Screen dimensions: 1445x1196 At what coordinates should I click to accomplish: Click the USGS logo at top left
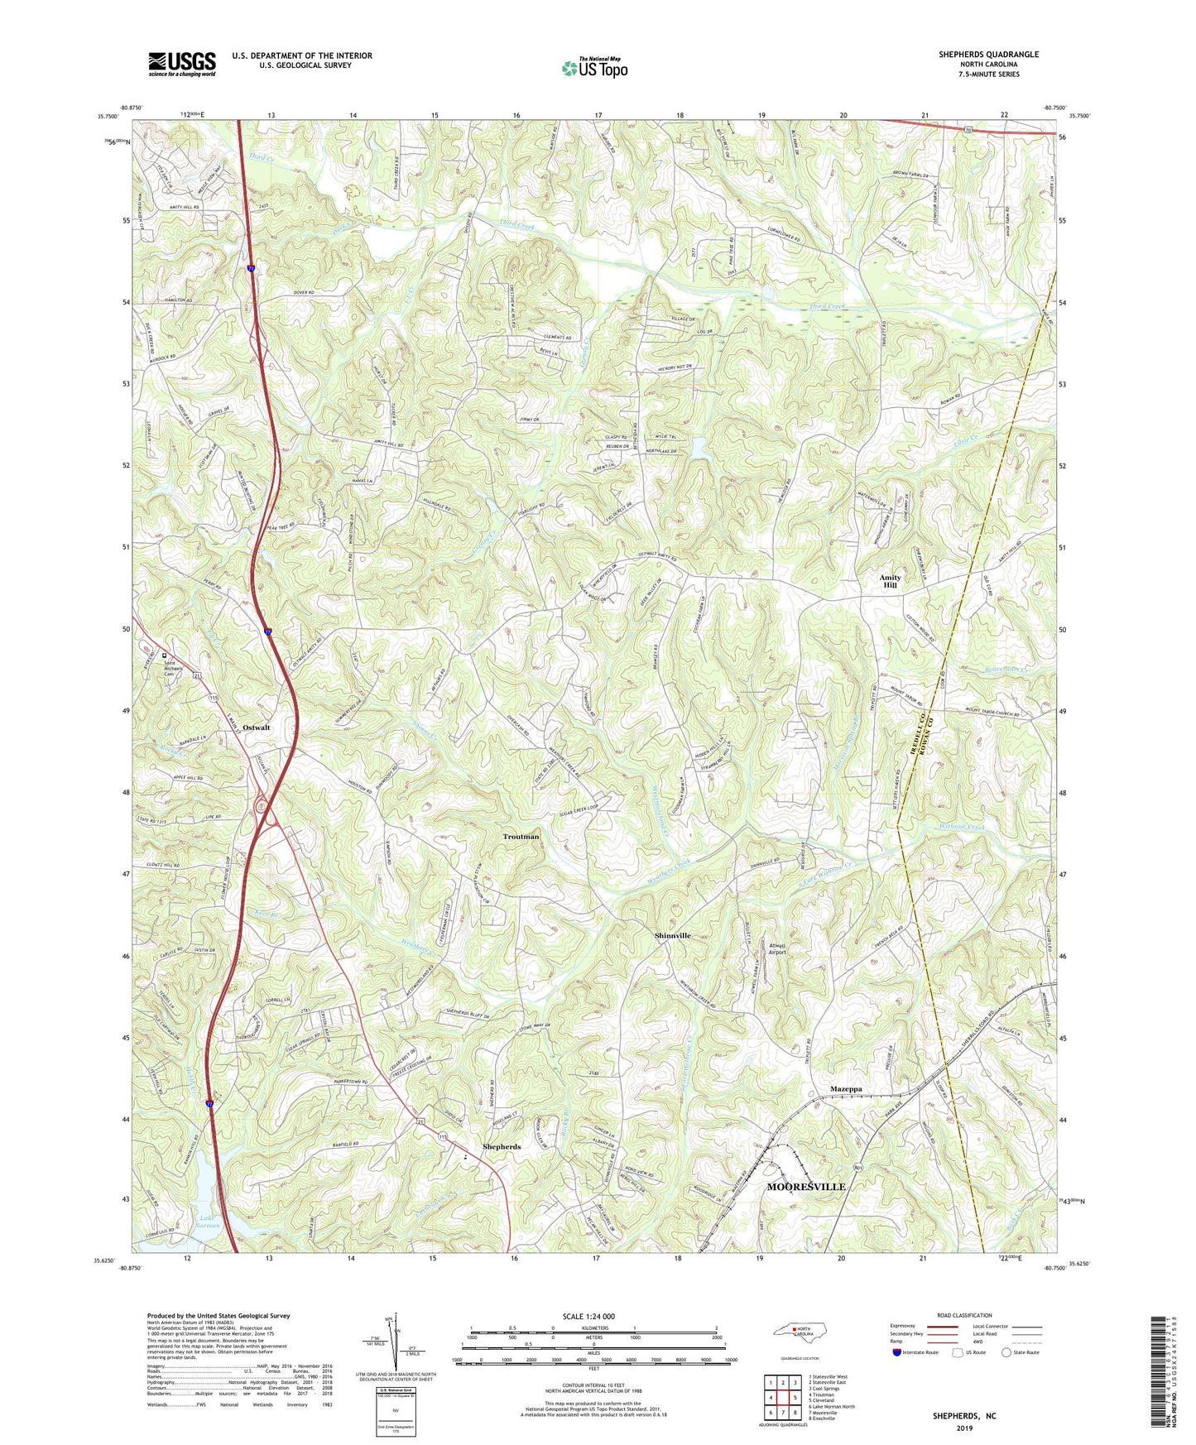pos(182,64)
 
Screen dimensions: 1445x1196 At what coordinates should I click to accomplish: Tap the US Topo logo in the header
pos(593,68)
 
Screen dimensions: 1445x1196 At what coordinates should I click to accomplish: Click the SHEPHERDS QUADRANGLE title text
pos(988,55)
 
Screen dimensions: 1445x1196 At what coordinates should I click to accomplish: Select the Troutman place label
pos(521,837)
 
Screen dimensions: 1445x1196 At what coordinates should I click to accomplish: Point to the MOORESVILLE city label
pos(805,1187)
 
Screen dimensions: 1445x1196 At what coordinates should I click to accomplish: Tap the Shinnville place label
pos(672,935)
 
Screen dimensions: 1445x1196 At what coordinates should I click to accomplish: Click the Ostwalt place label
pos(257,727)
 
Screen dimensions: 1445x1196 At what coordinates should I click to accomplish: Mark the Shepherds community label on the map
pos(502,1147)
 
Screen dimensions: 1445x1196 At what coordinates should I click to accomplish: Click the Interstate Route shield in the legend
pos(897,1352)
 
